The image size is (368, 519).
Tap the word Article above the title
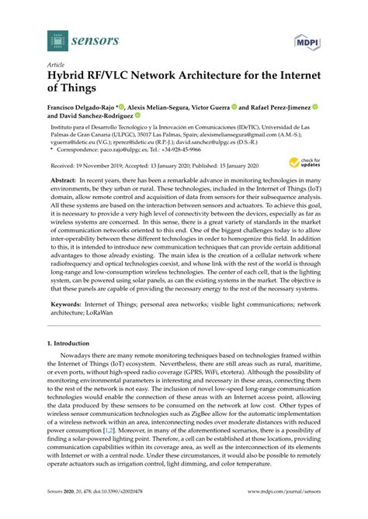click(x=57, y=67)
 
